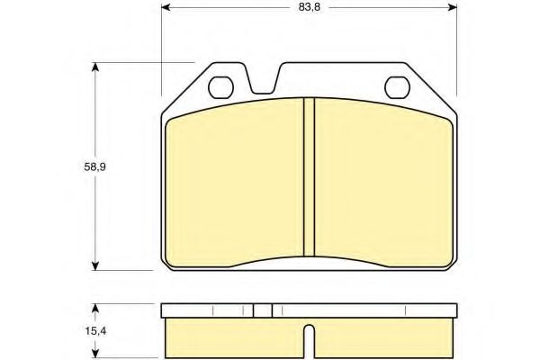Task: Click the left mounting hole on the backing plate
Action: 220,87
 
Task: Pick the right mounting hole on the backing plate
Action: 396,87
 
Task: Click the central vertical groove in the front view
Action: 308,179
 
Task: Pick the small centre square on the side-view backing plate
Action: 262,310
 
